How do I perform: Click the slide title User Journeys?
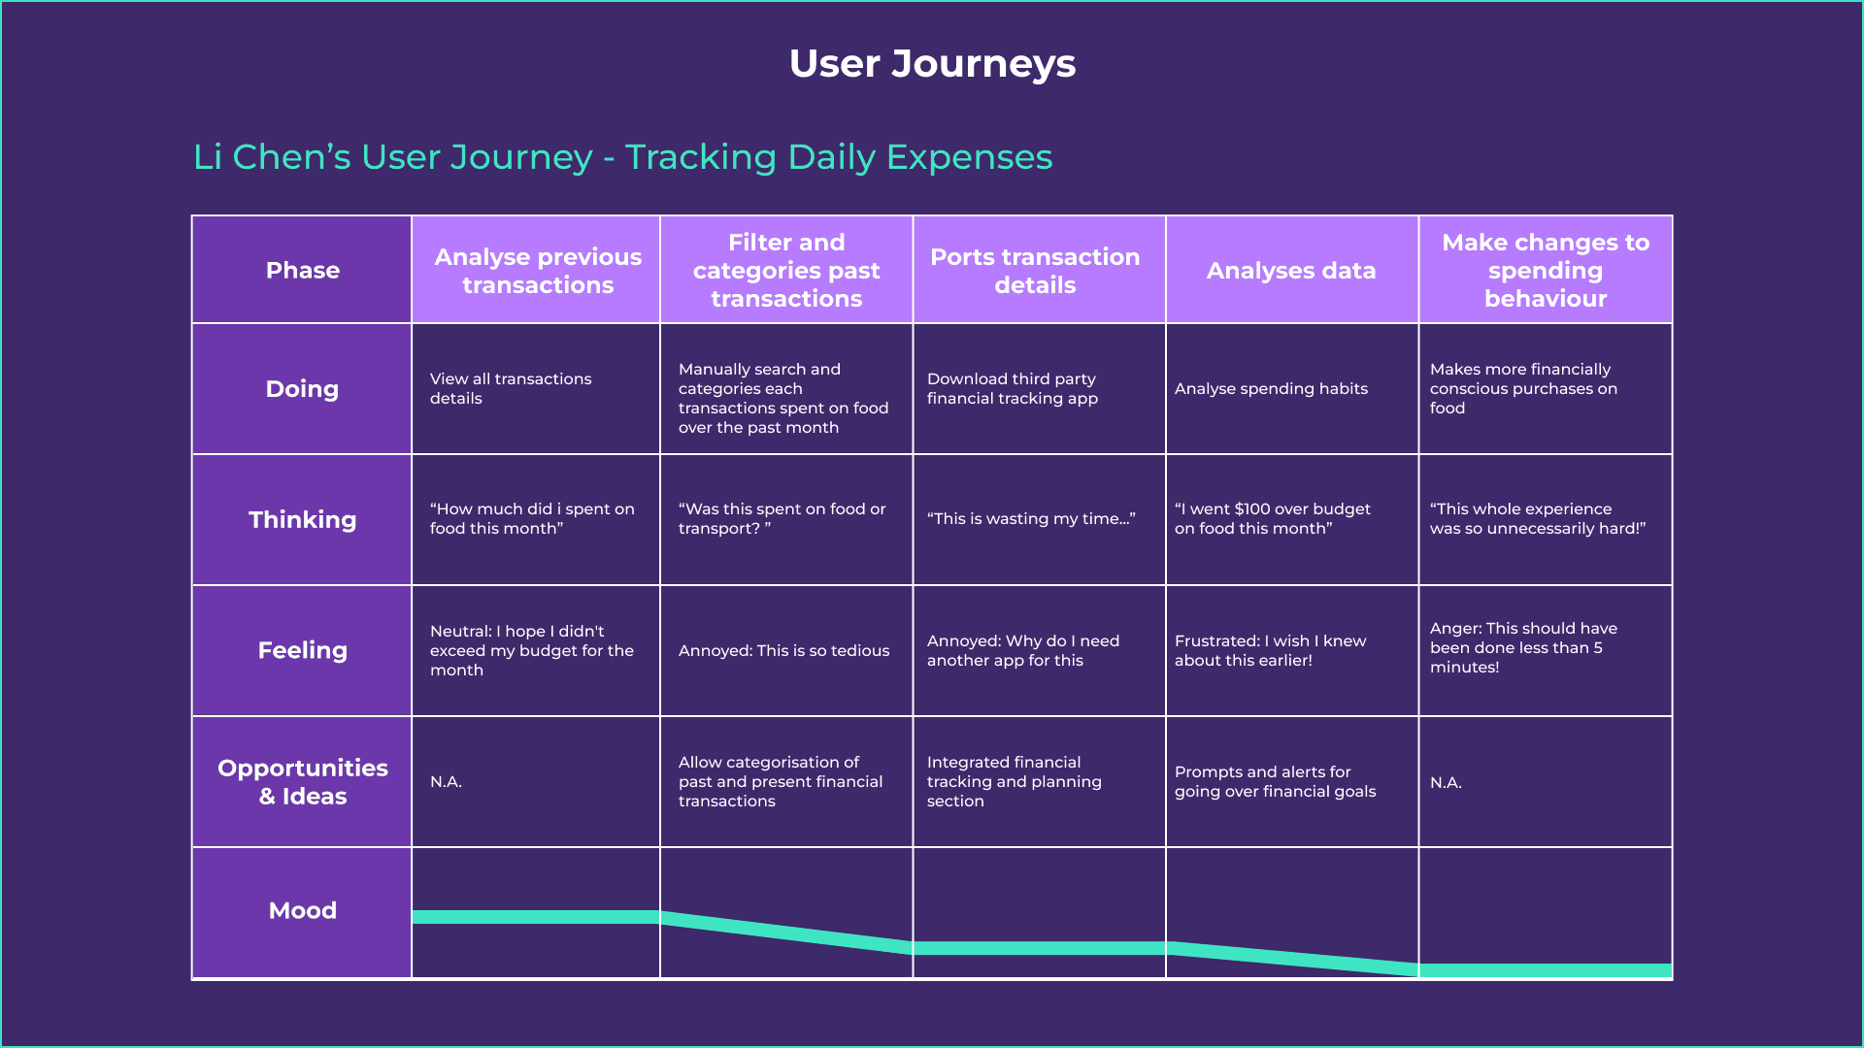[x=932, y=64]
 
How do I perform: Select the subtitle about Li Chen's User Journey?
[x=622, y=157]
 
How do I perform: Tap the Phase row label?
[x=302, y=270]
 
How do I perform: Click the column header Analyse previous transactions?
[x=537, y=271]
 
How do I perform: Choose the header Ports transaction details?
[x=1035, y=271]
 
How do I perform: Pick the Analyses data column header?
[x=1290, y=271]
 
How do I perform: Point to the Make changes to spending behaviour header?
[x=1545, y=271]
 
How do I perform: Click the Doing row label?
[x=302, y=389]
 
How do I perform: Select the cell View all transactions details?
[x=511, y=389]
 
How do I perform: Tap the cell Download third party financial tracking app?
[x=1012, y=389]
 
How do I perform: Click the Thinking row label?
[x=302, y=520]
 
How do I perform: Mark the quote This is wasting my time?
[x=1031, y=519]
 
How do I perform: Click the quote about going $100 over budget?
[x=1272, y=519]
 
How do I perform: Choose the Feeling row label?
[x=302, y=650]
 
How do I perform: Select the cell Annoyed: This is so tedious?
[x=783, y=651]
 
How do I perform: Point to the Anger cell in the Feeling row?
[x=1523, y=648]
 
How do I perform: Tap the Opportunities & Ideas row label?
[x=302, y=782]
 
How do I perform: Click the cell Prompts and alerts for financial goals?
[x=1275, y=782]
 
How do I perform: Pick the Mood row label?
[x=302, y=910]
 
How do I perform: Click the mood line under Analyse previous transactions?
[x=536, y=917]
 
